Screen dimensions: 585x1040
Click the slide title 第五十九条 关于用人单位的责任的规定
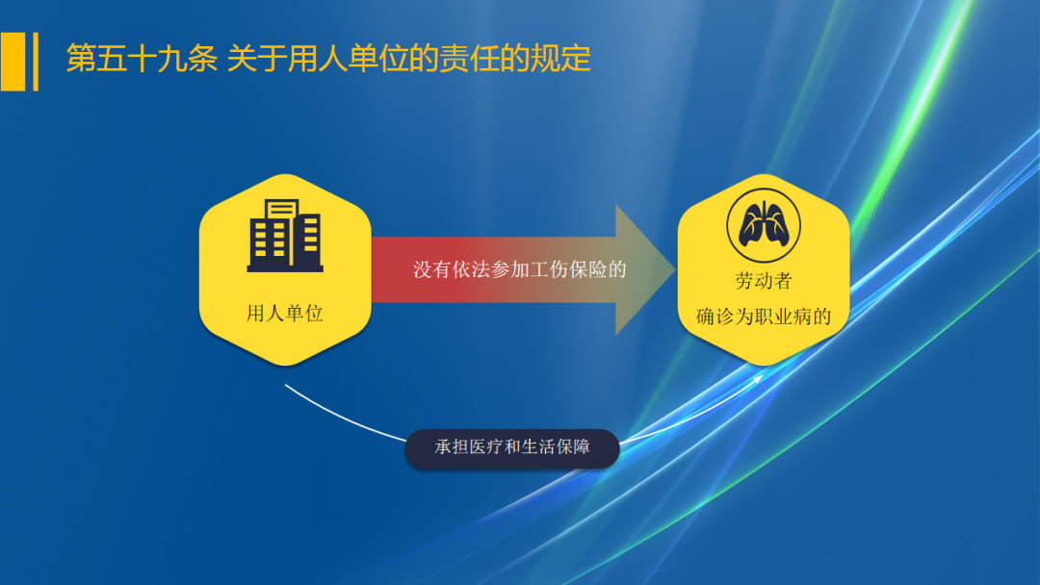coord(327,60)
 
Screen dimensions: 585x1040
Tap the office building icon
coord(285,235)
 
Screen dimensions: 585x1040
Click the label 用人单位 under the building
coord(285,314)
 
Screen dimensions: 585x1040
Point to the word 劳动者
coord(763,282)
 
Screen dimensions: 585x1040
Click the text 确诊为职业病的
coord(763,317)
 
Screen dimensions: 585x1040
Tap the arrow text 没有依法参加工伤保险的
coord(520,269)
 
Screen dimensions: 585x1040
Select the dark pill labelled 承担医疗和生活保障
coord(511,448)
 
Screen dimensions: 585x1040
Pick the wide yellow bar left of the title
coord(13,61)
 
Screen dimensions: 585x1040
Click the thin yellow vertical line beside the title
coord(36,61)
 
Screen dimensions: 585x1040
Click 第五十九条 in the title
coord(141,60)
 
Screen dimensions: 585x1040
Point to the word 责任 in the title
coord(473,60)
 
